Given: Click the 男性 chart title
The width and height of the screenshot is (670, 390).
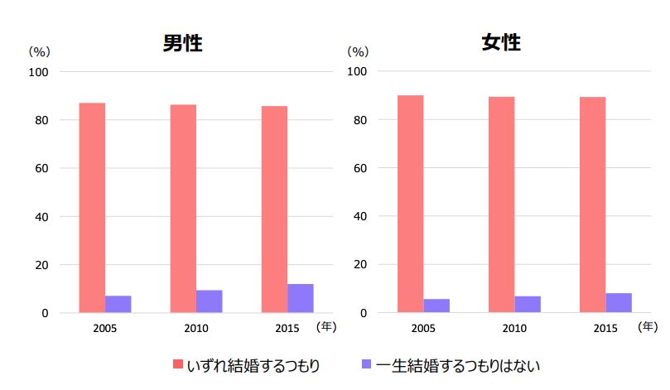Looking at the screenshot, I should pyautogui.click(x=182, y=43).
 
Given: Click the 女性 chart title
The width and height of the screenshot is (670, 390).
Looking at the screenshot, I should pyautogui.click(x=500, y=42).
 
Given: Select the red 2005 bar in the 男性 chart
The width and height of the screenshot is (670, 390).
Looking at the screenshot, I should pyautogui.click(x=92, y=208).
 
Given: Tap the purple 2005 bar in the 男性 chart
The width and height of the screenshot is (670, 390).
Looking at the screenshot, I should pyautogui.click(x=118, y=304).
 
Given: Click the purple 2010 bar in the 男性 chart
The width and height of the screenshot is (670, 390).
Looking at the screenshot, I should pyautogui.click(x=209, y=301).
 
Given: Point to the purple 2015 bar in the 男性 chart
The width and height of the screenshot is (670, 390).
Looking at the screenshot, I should pyautogui.click(x=300, y=298).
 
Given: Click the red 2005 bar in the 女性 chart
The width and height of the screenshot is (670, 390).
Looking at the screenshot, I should pyautogui.click(x=410, y=204).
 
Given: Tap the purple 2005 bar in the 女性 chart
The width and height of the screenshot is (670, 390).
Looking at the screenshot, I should pyautogui.click(x=436, y=306).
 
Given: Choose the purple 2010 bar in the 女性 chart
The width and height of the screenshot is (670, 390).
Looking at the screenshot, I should pyautogui.click(x=528, y=304).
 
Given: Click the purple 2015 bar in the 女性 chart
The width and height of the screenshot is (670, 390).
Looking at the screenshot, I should pyautogui.click(x=619, y=302).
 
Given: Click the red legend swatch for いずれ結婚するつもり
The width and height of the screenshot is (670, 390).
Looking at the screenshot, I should pyautogui.click(x=178, y=364).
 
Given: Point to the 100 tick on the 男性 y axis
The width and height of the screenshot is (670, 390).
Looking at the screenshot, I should pyautogui.click(x=40, y=72).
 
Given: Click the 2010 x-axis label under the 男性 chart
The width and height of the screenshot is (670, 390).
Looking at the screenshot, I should pyautogui.click(x=196, y=329).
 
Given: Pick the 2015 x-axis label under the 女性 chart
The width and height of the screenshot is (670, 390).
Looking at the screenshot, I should pyautogui.click(x=605, y=329).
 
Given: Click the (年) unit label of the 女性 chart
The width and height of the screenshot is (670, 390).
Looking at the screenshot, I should pyautogui.click(x=648, y=326).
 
